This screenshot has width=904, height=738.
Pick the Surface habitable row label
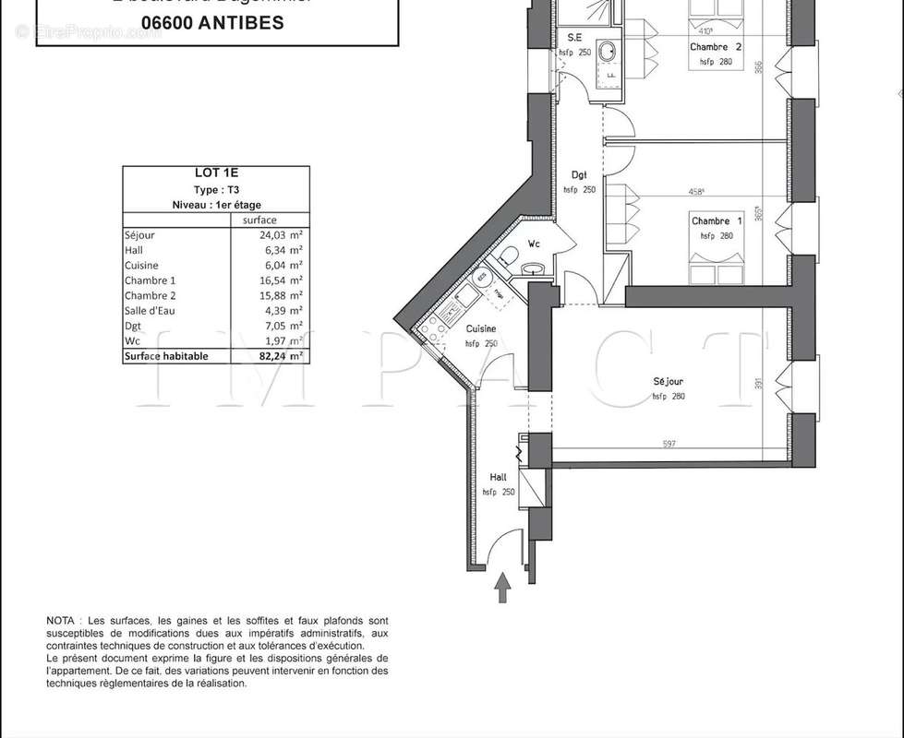(166, 355)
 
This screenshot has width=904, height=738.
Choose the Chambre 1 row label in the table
(150, 280)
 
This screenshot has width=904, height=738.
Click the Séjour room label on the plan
(668, 381)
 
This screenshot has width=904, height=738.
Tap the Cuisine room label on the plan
(480, 329)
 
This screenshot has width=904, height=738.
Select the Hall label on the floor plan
(498, 478)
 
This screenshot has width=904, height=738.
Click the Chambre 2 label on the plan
(716, 47)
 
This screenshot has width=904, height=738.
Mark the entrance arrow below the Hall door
(502, 588)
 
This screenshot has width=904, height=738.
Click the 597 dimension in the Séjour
(669, 444)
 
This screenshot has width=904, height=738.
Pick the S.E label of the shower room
(574, 38)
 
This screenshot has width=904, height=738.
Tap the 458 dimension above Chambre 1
(697, 193)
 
